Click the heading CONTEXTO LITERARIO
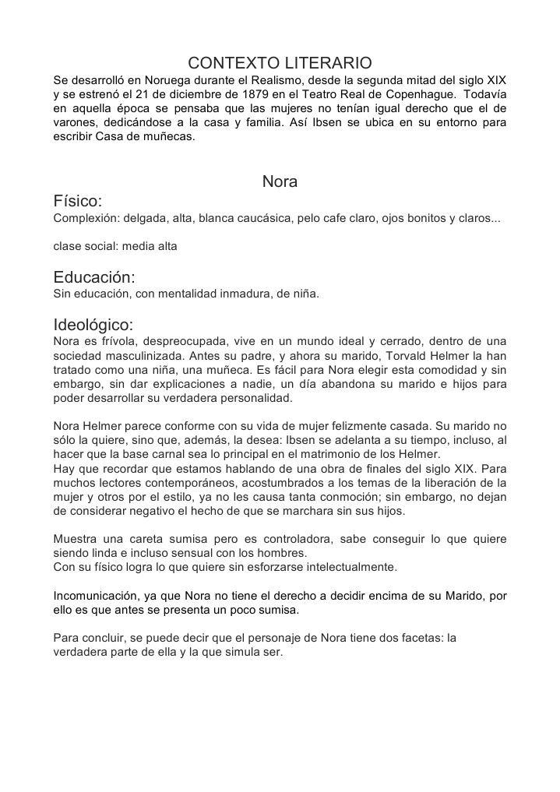(x=280, y=62)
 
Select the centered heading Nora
(x=280, y=181)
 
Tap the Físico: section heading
(x=77, y=202)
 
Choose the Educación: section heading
(x=94, y=277)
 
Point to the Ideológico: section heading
(x=93, y=325)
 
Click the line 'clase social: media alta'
(x=115, y=246)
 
